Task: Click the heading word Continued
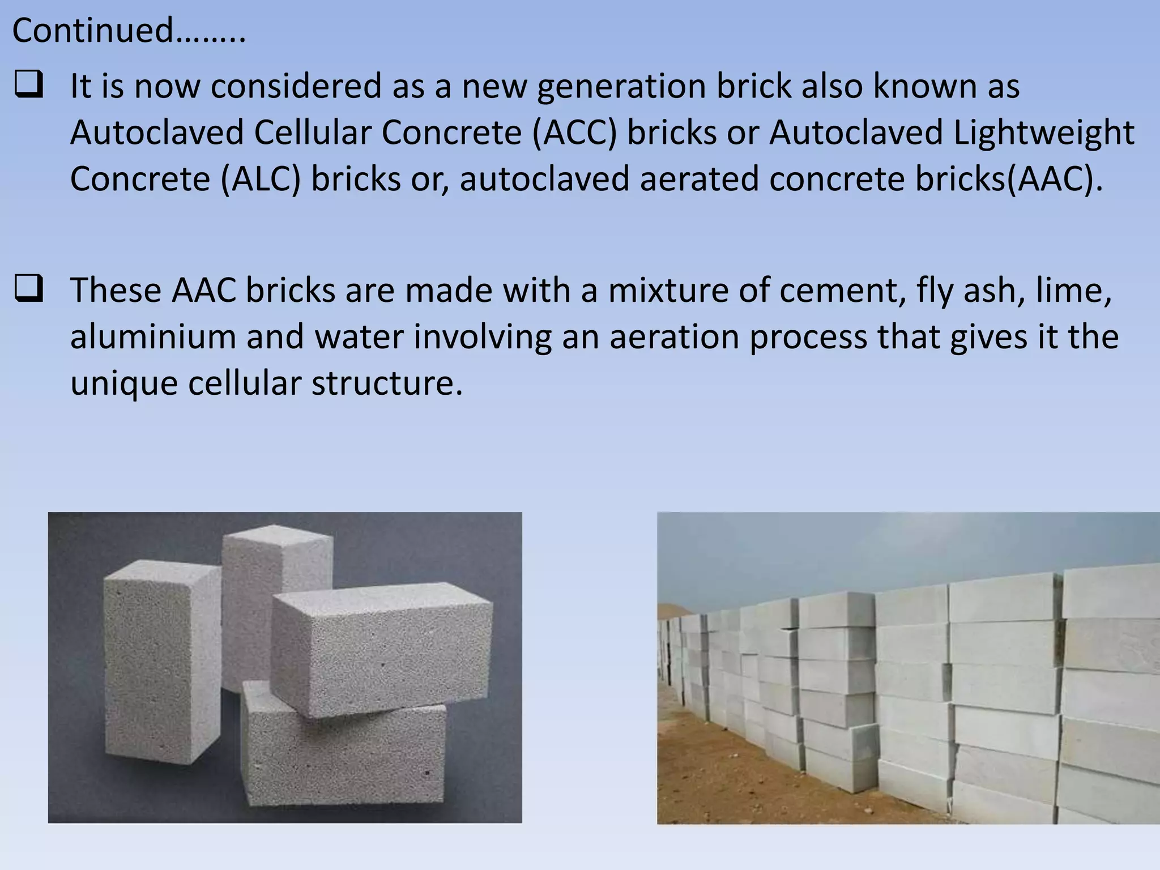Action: [93, 31]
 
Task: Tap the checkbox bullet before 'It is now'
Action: [29, 87]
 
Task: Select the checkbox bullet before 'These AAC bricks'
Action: [29, 290]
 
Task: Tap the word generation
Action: [621, 87]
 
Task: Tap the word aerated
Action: [699, 180]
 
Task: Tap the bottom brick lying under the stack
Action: [340, 753]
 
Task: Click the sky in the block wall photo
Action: [850, 549]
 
